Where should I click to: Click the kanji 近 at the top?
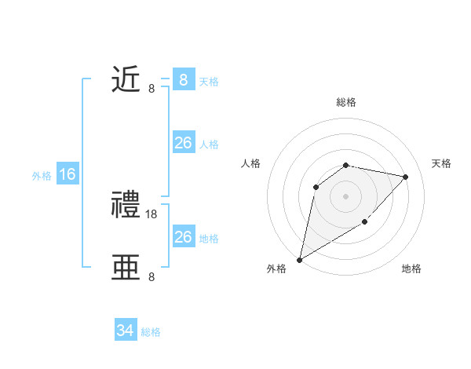(126, 80)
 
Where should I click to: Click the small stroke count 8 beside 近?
(152, 88)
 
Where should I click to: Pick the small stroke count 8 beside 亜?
(152, 276)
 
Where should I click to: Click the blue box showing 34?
(126, 331)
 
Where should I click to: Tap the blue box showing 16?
(68, 174)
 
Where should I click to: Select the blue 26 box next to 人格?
(184, 143)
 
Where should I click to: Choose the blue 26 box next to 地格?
(184, 237)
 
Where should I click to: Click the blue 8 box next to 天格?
(184, 80)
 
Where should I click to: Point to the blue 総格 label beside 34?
(151, 332)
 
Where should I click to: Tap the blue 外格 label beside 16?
(42, 176)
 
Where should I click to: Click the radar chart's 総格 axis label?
(346, 103)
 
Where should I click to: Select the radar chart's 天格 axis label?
(442, 163)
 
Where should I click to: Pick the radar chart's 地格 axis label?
(411, 269)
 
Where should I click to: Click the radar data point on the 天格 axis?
(406, 177)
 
